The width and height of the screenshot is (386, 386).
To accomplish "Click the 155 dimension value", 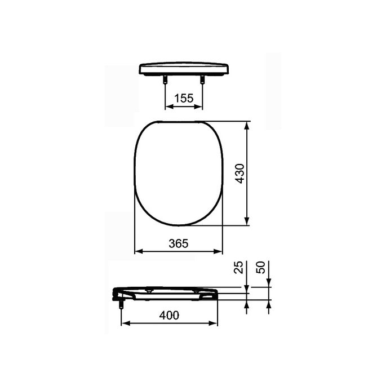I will [183, 98].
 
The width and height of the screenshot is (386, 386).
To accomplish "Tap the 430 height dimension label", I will [239, 174].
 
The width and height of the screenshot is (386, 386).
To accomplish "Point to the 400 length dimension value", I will [169, 316].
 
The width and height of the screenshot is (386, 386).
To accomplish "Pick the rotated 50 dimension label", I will [260, 268].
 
